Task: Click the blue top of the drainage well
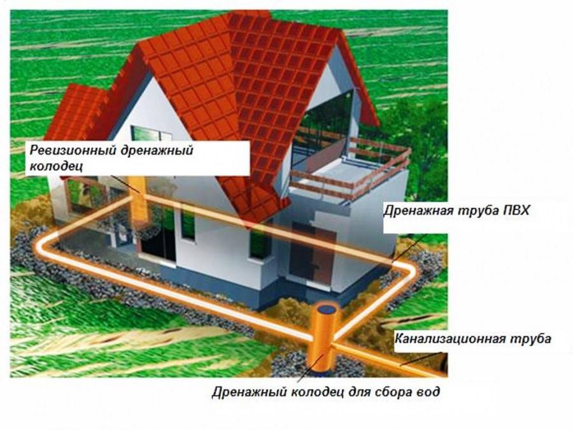point(327,310)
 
